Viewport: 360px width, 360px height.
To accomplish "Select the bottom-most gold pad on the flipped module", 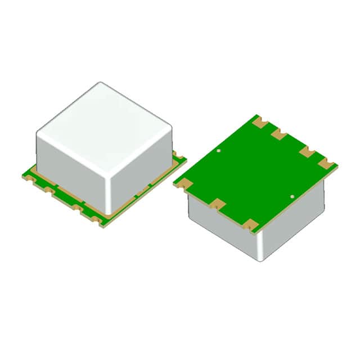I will pos(250,225).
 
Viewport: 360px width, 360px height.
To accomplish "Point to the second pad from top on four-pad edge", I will pos(278,134).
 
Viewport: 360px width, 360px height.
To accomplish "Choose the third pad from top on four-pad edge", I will pos(307,151).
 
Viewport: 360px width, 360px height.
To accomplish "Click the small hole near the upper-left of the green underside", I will pos(219,151).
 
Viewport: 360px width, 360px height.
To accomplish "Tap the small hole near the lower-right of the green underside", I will pos(292,196).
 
